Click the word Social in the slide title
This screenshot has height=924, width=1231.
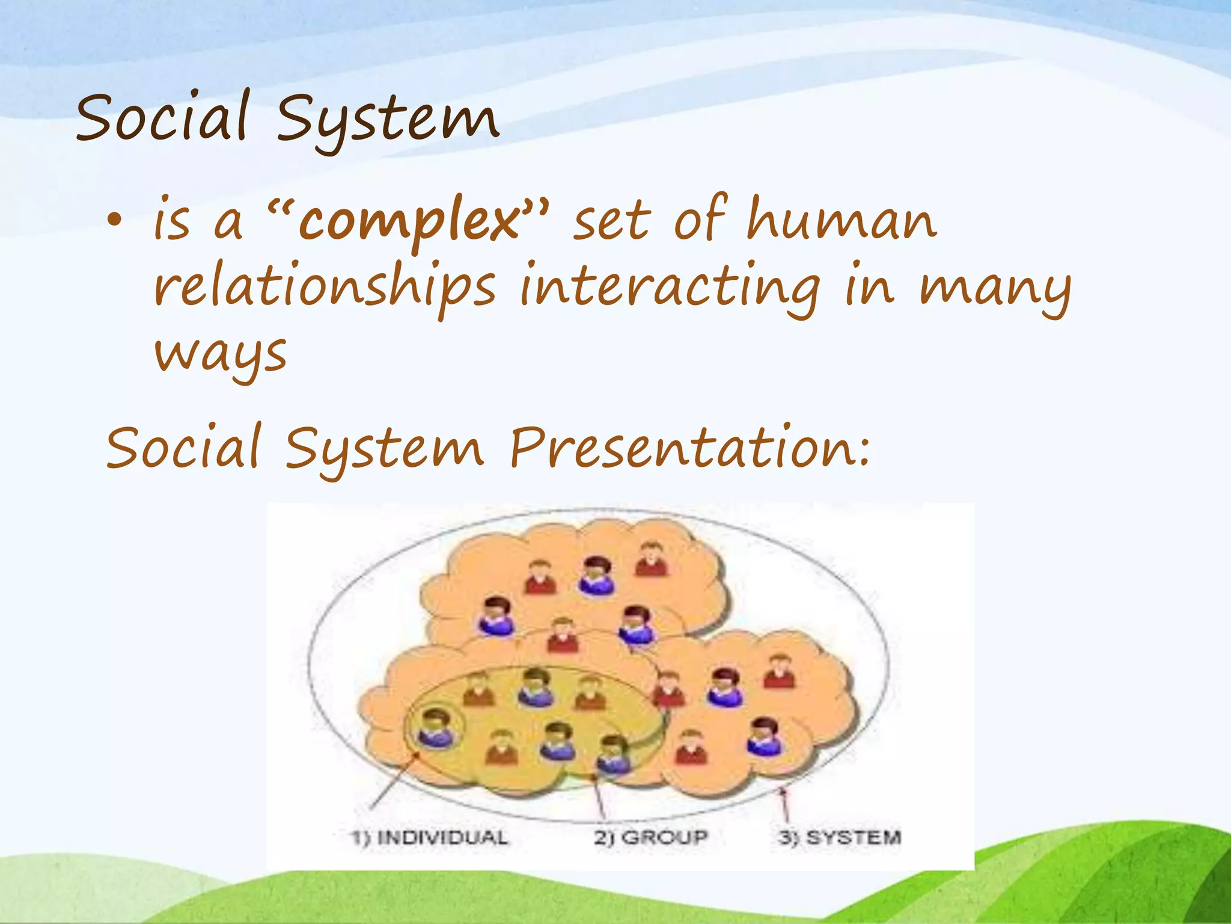click(162, 117)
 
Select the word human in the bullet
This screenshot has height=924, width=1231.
click(841, 220)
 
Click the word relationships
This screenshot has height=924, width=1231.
click(325, 288)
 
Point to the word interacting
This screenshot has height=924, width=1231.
click(670, 288)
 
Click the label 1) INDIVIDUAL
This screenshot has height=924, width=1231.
click(429, 837)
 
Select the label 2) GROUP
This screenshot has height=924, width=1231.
click(651, 837)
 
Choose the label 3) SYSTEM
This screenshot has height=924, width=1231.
click(840, 837)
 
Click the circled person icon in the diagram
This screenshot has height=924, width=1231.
click(435, 728)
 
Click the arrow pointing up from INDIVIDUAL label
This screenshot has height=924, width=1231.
click(394, 781)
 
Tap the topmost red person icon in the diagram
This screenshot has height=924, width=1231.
click(651, 559)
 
